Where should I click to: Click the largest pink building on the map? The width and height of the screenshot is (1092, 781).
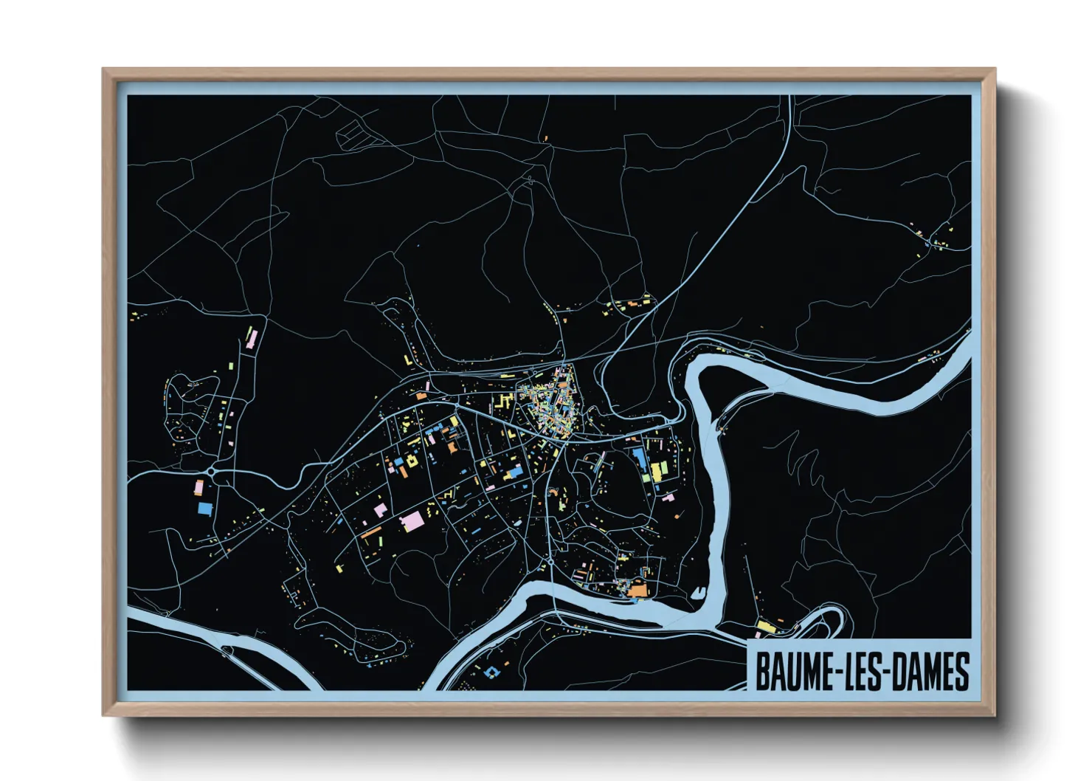click(x=411, y=520)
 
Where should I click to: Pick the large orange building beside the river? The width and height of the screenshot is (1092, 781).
click(x=636, y=589)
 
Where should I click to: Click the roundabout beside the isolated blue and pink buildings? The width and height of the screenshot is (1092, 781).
click(x=212, y=471)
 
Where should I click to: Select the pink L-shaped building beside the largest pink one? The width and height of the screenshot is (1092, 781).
click(x=381, y=509)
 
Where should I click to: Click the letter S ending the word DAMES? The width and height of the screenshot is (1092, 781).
click(x=961, y=672)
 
